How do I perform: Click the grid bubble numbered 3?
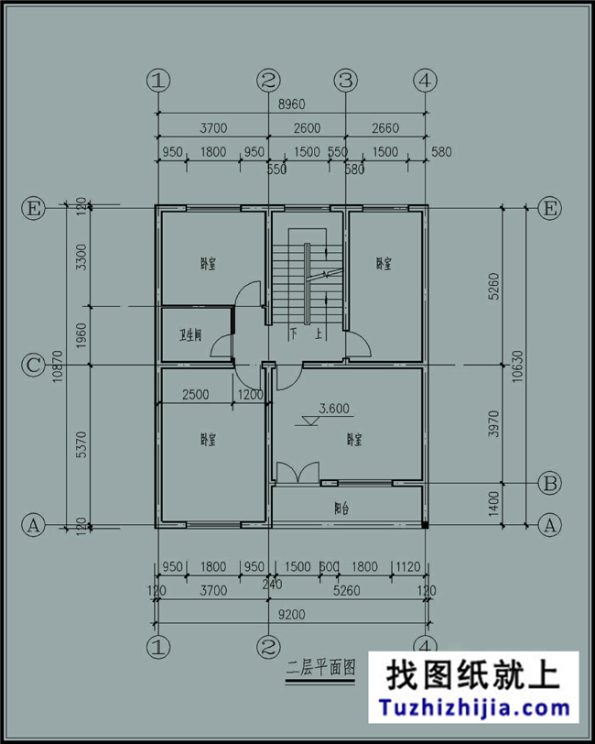click(345, 81)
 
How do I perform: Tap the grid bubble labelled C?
click(33, 366)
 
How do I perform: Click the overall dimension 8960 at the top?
click(292, 105)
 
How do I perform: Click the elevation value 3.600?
click(334, 409)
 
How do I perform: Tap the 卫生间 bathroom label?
click(190, 334)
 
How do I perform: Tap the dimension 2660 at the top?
click(385, 127)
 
